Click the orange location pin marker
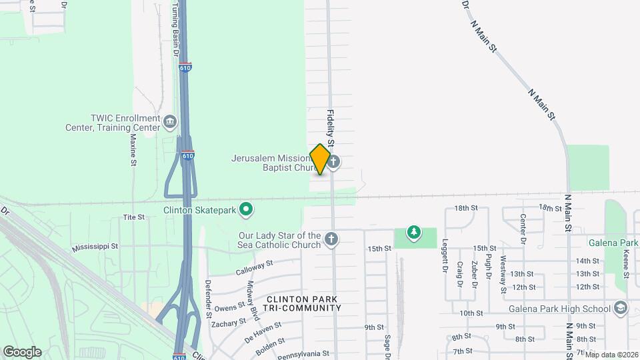[320, 159]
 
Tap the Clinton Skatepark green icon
[246, 210]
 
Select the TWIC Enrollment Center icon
[170, 121]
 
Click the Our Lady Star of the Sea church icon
[331, 239]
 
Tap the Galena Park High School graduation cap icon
[621, 308]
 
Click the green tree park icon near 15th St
[415, 232]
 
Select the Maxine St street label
[133, 150]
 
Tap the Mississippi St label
[95, 246]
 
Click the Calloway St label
[255, 267]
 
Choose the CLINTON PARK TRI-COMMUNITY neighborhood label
[305, 303]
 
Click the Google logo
[22, 351]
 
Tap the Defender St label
[208, 294]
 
